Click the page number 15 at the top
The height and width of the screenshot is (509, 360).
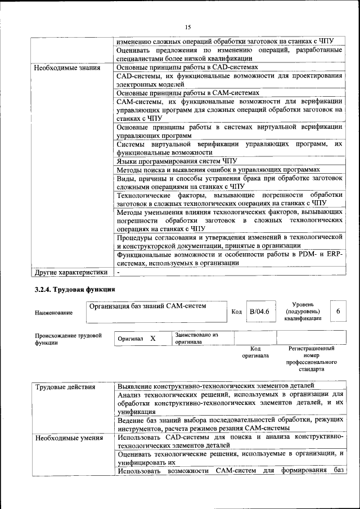[188, 26]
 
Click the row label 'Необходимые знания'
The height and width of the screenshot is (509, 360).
[67, 68]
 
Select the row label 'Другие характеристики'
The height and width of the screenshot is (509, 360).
[71, 273]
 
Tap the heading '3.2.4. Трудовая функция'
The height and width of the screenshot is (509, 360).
[72, 290]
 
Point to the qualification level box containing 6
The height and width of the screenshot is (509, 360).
[337, 312]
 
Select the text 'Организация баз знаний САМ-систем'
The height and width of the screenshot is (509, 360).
[147, 306]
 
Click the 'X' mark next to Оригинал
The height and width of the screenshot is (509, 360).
[152, 339]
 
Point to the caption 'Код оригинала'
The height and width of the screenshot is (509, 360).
[255, 352]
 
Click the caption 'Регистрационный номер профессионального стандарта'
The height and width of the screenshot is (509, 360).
[311, 359]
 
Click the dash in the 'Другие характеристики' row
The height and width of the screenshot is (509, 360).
[119, 273]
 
